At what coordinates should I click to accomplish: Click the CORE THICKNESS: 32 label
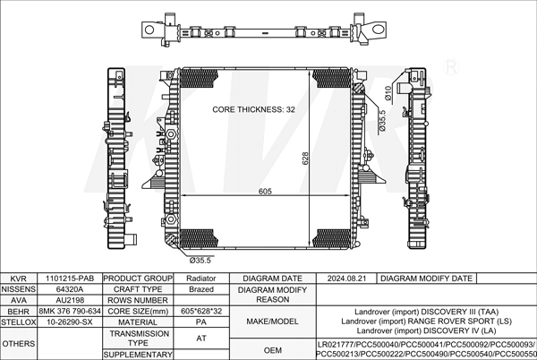point(253,109)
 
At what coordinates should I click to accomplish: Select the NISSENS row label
point(18,289)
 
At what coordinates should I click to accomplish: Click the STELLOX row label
point(18,321)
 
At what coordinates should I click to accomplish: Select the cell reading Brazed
point(201,289)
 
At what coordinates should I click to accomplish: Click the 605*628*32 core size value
point(201,311)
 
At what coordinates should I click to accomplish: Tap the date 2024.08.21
point(346,279)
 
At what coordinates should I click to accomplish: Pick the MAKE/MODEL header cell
point(271,321)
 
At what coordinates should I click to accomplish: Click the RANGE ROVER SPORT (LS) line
point(426,321)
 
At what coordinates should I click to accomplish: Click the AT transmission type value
point(201,338)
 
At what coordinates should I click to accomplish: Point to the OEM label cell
point(271,349)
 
